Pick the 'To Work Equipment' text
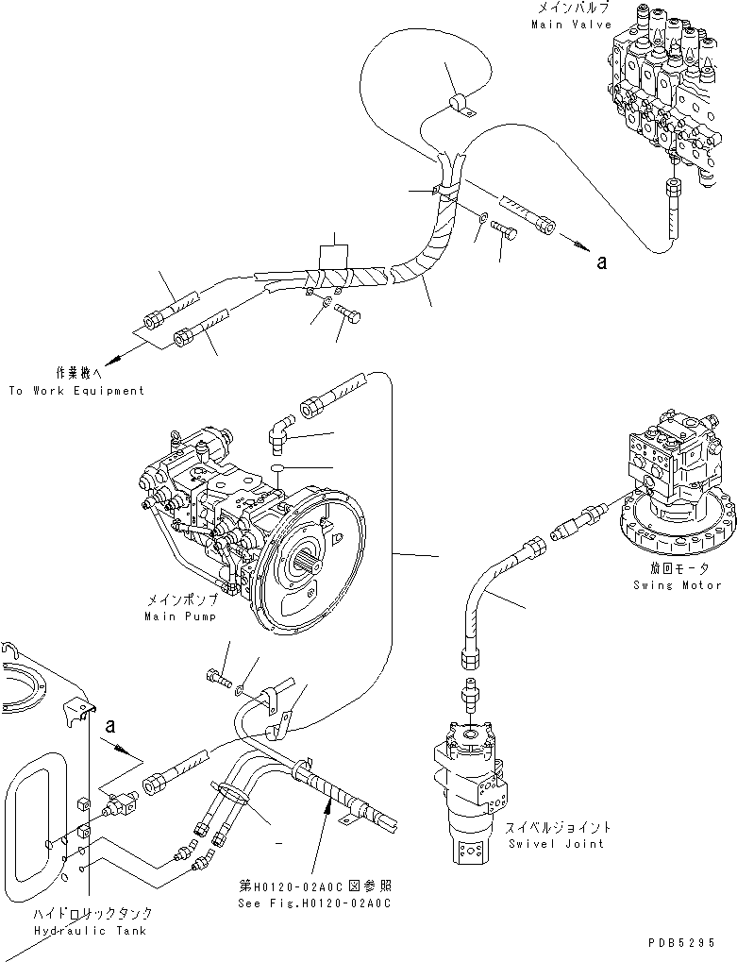click(76, 390)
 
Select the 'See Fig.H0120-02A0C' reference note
click(314, 903)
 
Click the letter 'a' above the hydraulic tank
click(110, 726)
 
